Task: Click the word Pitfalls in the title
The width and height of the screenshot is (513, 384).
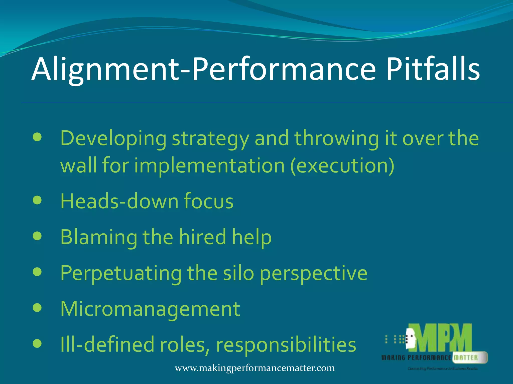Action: click(x=433, y=69)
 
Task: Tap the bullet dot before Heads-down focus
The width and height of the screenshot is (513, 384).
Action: click(x=37, y=200)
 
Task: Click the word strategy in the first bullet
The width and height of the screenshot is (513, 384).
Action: click(x=210, y=139)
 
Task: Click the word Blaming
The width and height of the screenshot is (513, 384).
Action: click(x=99, y=237)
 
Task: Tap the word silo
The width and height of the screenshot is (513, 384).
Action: click(x=238, y=273)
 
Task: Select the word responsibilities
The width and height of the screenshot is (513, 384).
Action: click(x=286, y=344)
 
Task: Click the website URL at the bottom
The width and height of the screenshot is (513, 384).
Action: click(x=255, y=368)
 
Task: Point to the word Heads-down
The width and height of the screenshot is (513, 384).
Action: click(x=119, y=201)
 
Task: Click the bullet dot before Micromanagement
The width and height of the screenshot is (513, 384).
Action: click(x=37, y=308)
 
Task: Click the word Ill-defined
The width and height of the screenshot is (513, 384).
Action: click(x=107, y=344)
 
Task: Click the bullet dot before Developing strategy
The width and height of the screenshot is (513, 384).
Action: click(x=37, y=137)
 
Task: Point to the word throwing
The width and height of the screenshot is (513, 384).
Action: click(x=336, y=139)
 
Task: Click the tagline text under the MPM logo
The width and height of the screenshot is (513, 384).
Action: click(x=442, y=368)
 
